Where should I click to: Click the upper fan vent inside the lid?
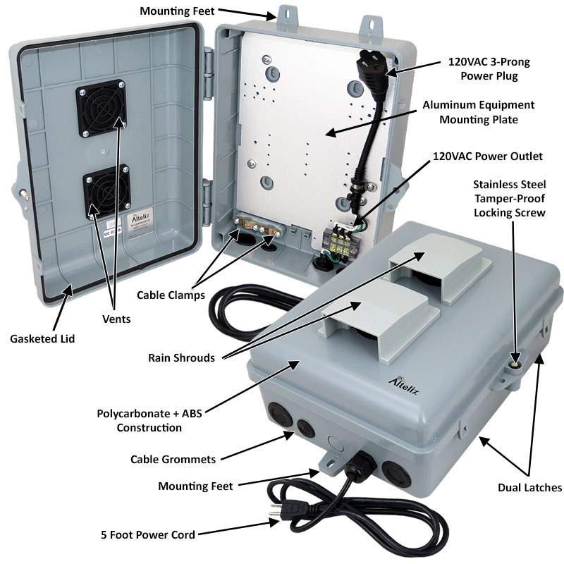click(101, 108)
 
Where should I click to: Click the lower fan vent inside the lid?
click(106, 191)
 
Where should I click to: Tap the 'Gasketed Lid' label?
click(42, 339)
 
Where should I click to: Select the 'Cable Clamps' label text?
click(171, 295)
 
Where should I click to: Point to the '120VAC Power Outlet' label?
click(487, 157)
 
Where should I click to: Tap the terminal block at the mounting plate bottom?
click(337, 240)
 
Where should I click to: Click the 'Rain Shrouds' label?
click(181, 358)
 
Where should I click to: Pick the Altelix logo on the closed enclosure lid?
click(404, 386)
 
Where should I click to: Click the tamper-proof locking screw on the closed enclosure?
click(515, 365)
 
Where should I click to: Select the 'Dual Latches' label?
click(529, 488)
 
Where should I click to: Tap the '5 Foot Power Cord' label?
click(148, 535)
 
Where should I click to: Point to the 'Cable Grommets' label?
click(173, 460)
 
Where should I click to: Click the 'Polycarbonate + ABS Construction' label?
click(149, 420)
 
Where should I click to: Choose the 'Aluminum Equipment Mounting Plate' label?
click(479, 112)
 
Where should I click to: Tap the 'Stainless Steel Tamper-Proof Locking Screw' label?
click(509, 199)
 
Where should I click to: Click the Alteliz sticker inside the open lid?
click(140, 221)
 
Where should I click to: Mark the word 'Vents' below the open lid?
click(116, 319)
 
